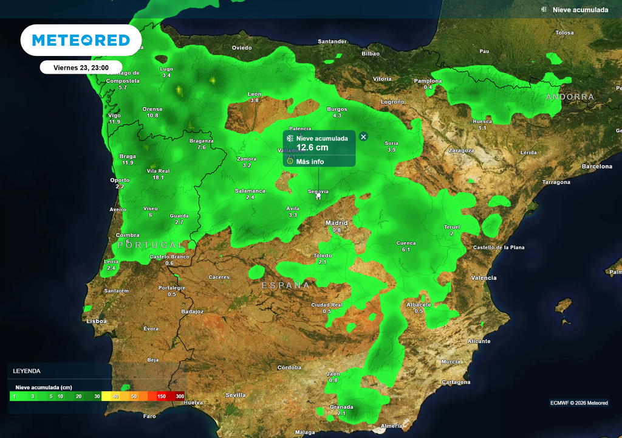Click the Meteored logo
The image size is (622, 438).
(81, 40)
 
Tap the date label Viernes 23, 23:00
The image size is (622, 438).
(81, 68)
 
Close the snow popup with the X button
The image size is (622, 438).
(363, 137)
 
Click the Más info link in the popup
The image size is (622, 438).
(310, 162)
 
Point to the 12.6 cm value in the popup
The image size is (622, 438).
(312, 147)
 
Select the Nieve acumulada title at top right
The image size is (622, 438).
(580, 10)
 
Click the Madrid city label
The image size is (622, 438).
(337, 223)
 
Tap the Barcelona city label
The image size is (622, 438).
(597, 166)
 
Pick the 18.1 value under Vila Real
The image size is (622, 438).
(158, 178)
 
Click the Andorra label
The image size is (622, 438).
(570, 97)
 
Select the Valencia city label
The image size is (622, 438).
(484, 278)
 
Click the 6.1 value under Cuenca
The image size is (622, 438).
(406, 250)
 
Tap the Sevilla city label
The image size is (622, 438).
(236, 395)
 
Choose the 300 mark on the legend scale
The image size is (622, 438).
(180, 396)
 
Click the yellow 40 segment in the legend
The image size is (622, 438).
(114, 396)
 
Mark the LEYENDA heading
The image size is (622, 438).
(27, 370)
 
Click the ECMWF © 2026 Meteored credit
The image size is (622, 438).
(579, 403)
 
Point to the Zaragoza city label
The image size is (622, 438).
(460, 150)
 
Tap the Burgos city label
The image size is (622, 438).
(337, 109)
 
